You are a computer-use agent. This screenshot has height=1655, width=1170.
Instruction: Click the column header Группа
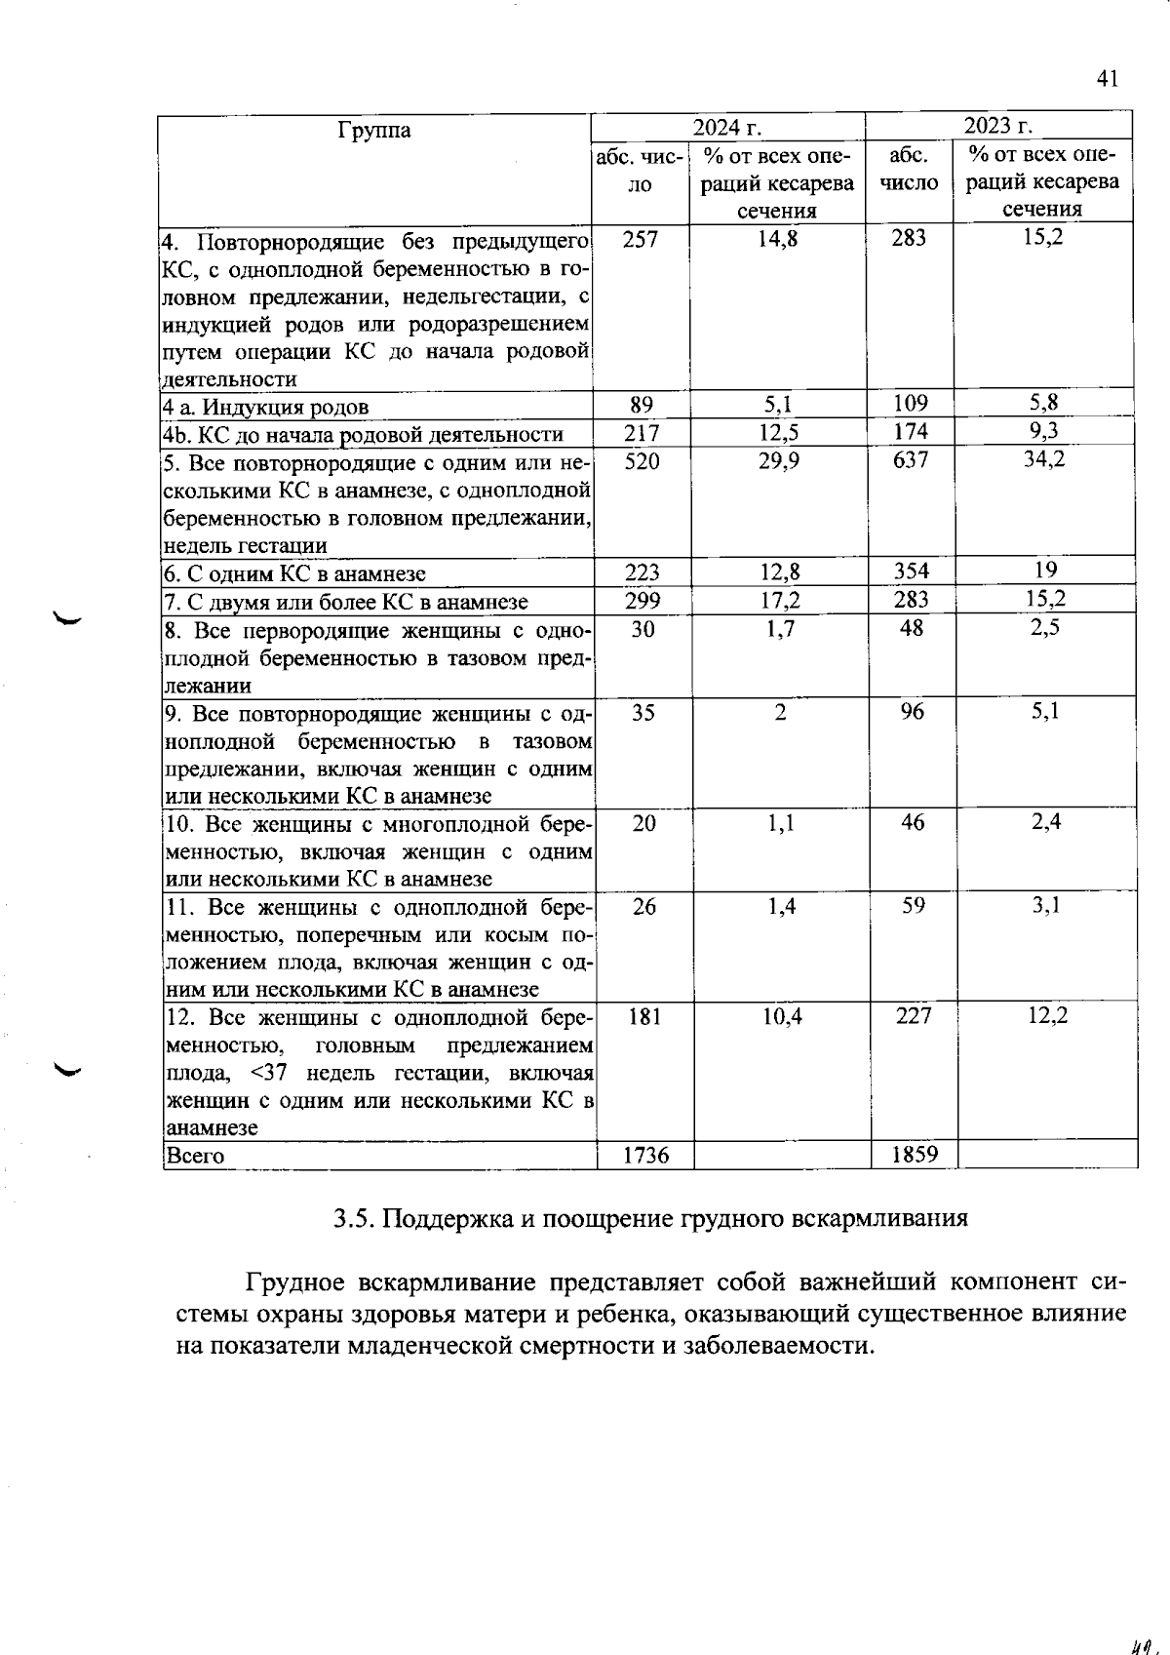tap(373, 130)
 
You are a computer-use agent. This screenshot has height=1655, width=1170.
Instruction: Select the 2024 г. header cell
tap(726, 128)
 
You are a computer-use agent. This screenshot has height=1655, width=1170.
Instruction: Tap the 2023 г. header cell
tap(997, 126)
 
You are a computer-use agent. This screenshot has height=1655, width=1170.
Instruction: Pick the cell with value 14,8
tap(777, 238)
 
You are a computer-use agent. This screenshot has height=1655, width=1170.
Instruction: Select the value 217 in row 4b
tap(642, 433)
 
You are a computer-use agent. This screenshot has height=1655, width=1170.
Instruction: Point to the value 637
tap(911, 459)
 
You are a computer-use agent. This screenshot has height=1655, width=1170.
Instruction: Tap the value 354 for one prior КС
tap(911, 571)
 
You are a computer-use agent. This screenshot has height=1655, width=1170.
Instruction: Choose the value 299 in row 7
tap(642, 600)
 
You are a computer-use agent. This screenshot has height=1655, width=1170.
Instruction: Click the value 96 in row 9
tap(913, 712)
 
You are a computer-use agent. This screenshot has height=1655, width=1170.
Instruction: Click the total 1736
tap(645, 1156)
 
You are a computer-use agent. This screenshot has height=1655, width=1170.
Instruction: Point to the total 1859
tap(915, 1155)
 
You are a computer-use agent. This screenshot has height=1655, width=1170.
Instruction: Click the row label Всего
tap(196, 1157)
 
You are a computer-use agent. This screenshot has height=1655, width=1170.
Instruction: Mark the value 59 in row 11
tap(913, 906)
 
